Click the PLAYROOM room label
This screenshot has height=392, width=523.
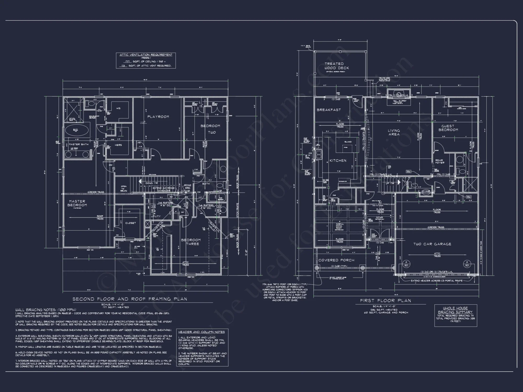point(158,117)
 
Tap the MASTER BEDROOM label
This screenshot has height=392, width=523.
point(77,203)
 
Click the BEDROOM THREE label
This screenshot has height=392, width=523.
point(191,242)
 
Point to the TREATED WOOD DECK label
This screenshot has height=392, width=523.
point(337,66)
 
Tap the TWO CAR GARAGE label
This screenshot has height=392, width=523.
point(432,244)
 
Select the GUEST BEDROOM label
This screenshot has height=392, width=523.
point(448,128)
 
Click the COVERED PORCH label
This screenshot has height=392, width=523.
point(336,260)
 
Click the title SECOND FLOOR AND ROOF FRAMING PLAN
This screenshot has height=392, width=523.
point(130,299)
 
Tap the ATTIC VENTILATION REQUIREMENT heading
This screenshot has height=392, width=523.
point(146,55)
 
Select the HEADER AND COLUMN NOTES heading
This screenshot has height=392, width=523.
point(201,332)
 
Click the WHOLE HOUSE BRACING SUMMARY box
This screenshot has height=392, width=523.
point(456,315)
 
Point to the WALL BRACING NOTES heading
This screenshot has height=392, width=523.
point(46,310)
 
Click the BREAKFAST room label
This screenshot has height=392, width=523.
point(329,110)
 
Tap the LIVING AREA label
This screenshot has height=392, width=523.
point(394,132)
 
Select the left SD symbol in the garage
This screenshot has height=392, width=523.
point(406,264)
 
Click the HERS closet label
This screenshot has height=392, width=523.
point(118,145)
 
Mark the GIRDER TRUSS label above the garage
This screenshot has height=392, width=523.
point(436,227)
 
